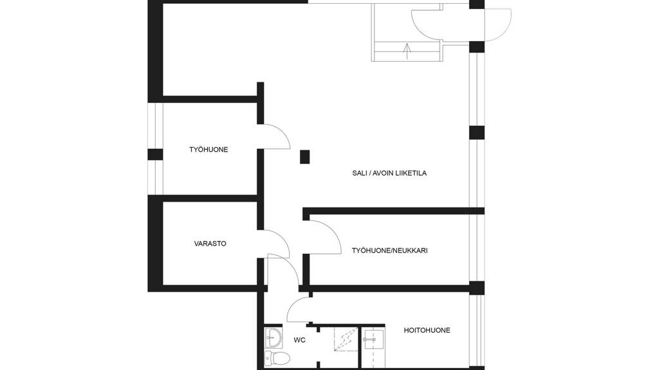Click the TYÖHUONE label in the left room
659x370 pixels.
click(x=209, y=149)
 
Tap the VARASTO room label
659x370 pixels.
click(x=210, y=243)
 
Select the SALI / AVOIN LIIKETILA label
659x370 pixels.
click(x=389, y=173)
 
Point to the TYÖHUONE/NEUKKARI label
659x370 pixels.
click(x=389, y=251)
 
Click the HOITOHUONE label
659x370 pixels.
click(x=427, y=330)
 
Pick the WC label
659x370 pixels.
click(x=300, y=340)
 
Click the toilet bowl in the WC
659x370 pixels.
click(x=277, y=358)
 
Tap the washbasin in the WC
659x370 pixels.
click(x=273, y=338)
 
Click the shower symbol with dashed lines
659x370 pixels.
click(x=346, y=339)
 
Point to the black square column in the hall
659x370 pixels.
click(x=304, y=157)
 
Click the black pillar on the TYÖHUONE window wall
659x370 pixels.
click(x=155, y=154)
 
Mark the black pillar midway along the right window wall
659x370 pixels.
click(x=477, y=132)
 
